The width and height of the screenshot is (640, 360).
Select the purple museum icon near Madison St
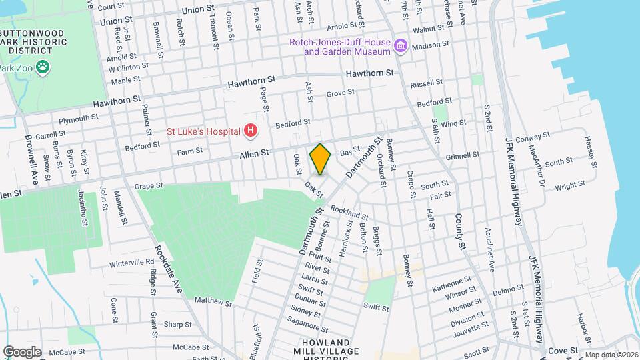point(400,46)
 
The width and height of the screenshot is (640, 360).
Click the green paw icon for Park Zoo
point(43,67)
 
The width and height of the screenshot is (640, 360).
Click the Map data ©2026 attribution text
point(610,355)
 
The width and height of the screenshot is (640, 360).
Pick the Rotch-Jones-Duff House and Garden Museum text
point(339,47)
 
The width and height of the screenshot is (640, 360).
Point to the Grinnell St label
point(463,155)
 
